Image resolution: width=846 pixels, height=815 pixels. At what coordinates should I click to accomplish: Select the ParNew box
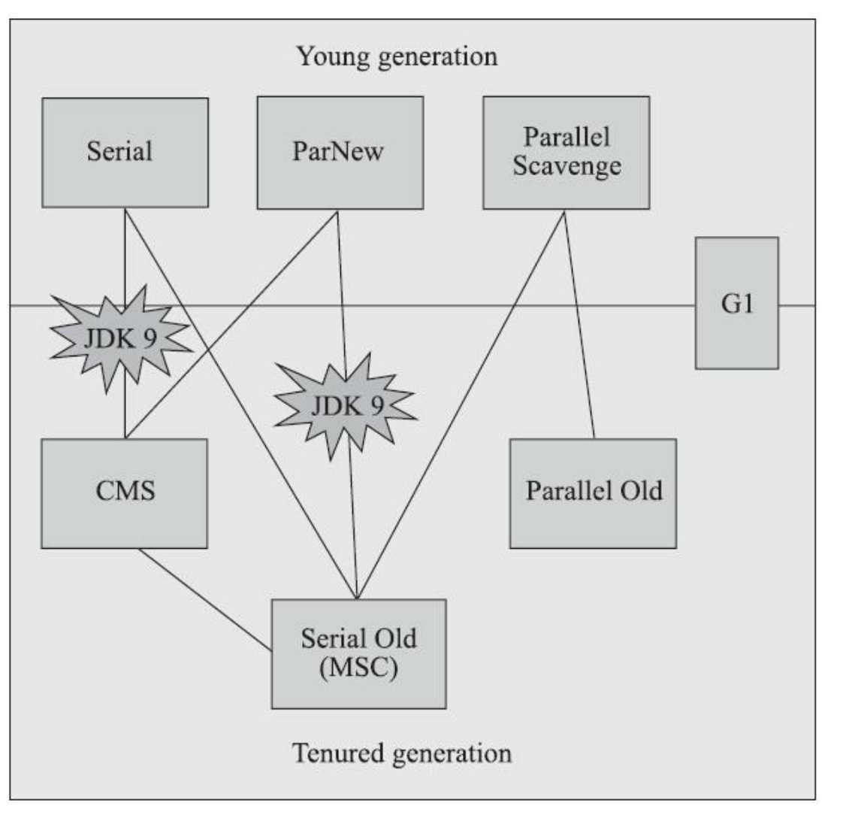click(340, 153)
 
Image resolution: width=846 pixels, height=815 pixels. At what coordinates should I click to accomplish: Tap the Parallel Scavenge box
click(566, 153)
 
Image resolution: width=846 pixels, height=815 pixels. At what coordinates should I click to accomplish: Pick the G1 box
click(736, 303)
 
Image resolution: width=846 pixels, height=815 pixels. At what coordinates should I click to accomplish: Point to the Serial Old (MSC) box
click(358, 653)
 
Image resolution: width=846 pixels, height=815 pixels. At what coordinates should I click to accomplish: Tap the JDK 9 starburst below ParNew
click(345, 406)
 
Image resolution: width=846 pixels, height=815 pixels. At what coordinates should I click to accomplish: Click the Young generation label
click(397, 56)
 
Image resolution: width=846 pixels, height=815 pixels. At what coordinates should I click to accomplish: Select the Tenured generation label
click(402, 753)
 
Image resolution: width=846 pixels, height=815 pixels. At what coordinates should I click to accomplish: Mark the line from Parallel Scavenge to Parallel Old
click(579, 323)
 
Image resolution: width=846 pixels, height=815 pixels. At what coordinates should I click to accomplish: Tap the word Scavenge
click(567, 165)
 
